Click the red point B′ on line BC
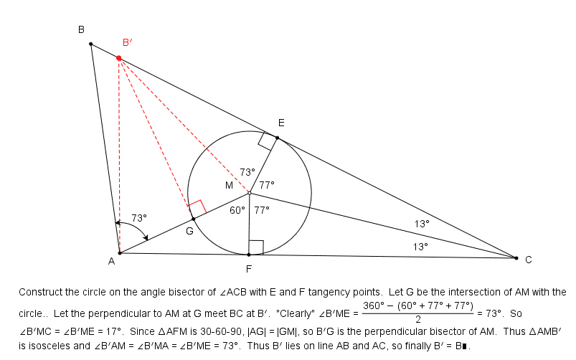119,58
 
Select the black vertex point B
90,44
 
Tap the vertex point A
120,253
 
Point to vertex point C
516,258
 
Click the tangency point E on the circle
278,138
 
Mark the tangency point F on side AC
249,255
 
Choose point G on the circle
194,219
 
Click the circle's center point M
249,193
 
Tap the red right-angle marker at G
198,207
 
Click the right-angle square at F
256,247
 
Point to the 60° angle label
237,210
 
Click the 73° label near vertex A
139,218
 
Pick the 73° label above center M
247,172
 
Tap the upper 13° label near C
422,224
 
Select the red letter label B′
127,42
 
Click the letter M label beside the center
229,186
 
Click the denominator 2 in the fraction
418,320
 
